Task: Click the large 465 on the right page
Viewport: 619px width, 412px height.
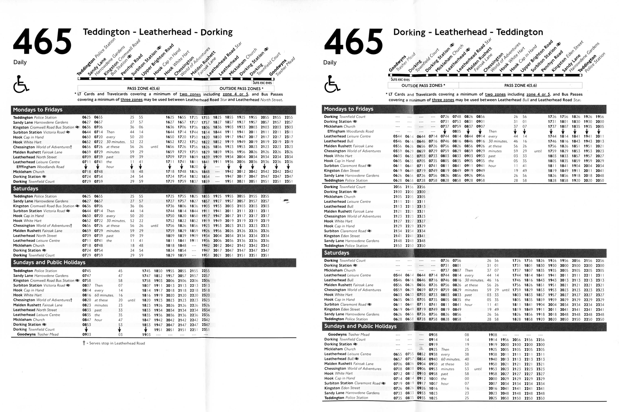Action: coord(353,41)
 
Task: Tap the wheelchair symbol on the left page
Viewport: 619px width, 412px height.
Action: coord(21,84)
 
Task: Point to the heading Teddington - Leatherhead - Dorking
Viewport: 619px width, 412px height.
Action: coord(158,32)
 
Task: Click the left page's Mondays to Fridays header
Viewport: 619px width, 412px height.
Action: coord(38,110)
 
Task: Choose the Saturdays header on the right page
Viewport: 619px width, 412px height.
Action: coord(336,253)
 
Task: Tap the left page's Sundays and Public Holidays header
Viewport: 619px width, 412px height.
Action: coord(49,262)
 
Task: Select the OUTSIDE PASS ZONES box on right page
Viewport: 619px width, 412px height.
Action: coord(423,85)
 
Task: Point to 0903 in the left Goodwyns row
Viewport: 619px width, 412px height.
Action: coord(86,335)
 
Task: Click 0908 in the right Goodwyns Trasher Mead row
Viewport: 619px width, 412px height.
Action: coord(433,335)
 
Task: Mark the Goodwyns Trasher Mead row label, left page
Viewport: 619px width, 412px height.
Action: coord(38,335)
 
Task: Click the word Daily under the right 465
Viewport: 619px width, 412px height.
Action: coord(330,63)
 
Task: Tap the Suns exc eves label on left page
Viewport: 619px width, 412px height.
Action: coord(262,83)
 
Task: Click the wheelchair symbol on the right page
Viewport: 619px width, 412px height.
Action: coord(332,84)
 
